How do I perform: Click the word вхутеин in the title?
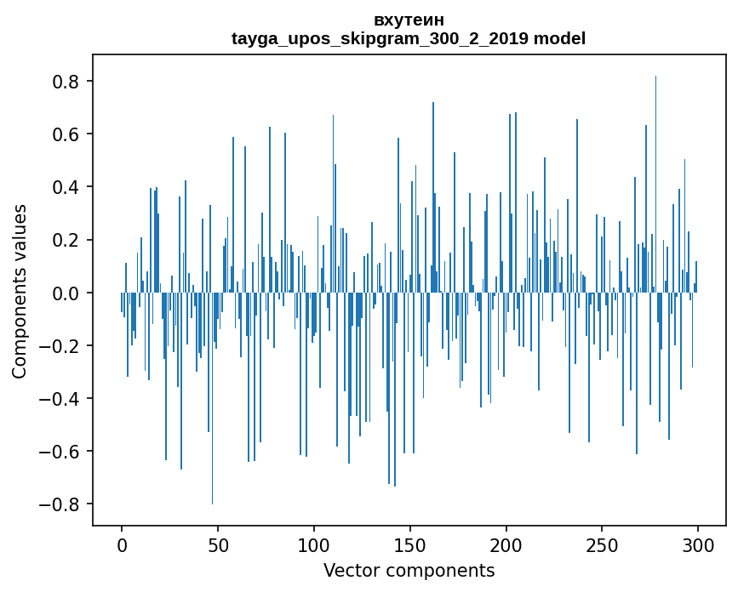(409, 20)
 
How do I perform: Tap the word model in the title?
(559, 38)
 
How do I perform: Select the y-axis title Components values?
(20, 291)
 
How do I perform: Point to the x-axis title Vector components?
(409, 570)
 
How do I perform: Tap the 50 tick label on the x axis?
(218, 544)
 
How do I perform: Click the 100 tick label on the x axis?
(314, 544)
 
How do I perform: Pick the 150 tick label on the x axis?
(410, 544)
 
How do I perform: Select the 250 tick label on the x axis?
(603, 544)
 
